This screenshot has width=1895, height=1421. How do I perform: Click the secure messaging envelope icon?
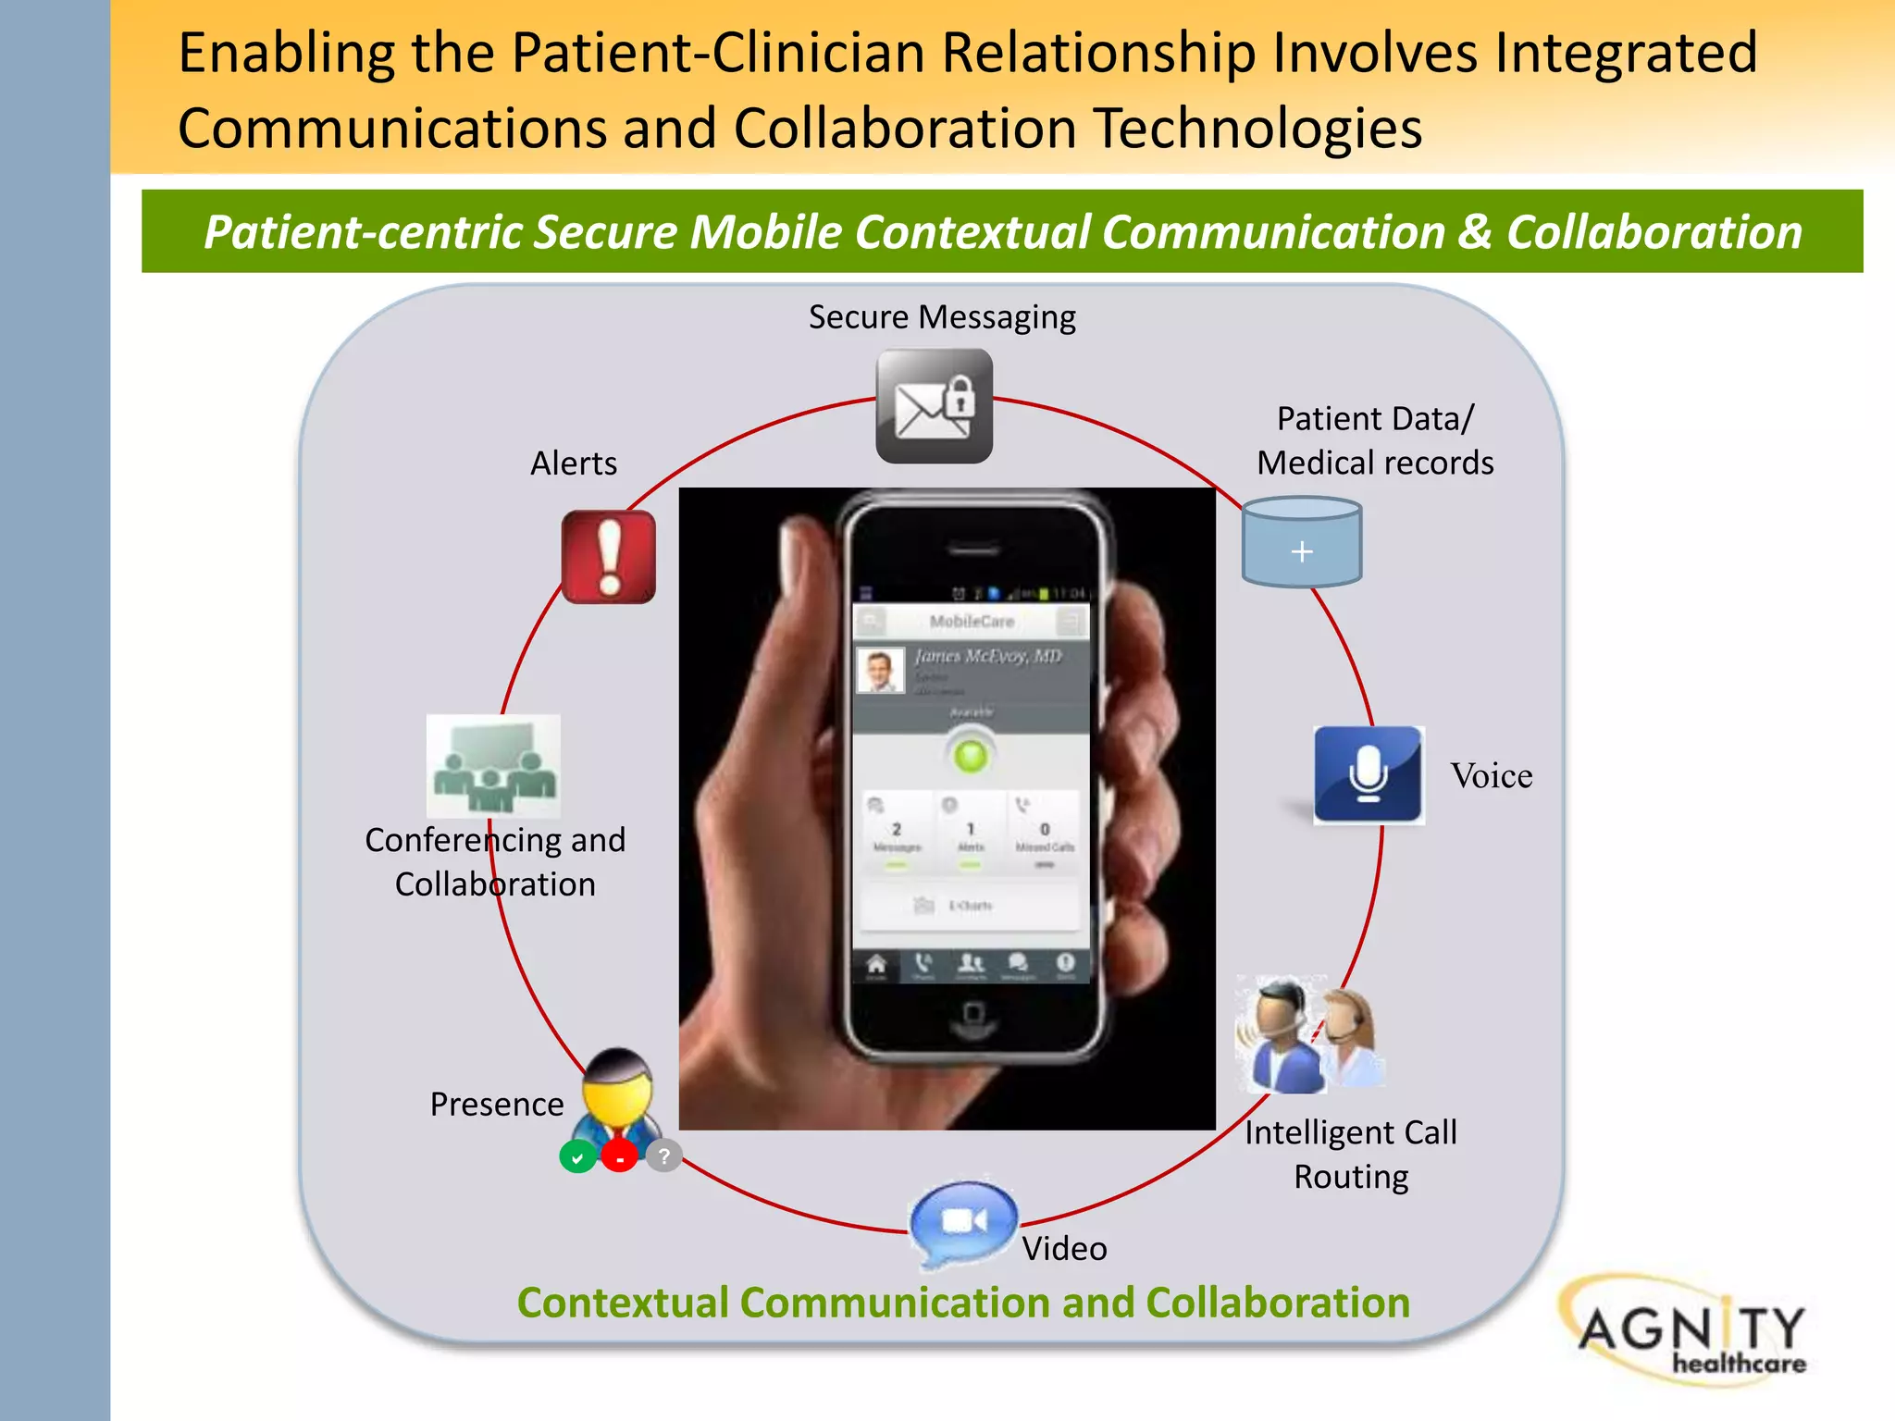tap(934, 406)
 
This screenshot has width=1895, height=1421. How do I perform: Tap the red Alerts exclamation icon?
tap(609, 557)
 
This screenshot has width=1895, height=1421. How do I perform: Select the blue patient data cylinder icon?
tap(1301, 543)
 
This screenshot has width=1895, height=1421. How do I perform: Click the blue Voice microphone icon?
tap(1368, 774)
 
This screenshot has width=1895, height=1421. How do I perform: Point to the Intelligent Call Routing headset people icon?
tap(1310, 1034)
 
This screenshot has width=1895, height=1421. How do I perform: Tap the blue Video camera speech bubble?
tap(964, 1222)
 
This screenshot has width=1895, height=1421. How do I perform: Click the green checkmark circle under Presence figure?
tap(577, 1157)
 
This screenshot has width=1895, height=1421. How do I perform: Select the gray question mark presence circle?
tap(663, 1155)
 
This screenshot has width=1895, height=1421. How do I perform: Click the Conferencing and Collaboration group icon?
tap(493, 766)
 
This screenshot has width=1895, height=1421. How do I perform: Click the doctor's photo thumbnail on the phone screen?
tap(880, 670)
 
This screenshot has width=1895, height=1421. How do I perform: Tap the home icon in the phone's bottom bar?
tap(875, 966)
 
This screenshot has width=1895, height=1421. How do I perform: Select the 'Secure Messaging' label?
tap(942, 317)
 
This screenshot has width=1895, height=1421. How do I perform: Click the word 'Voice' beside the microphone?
tap(1491, 776)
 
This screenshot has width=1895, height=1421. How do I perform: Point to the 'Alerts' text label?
tap(574, 463)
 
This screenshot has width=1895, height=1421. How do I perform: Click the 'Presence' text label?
tap(497, 1105)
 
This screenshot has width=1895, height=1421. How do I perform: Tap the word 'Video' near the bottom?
tap(1064, 1249)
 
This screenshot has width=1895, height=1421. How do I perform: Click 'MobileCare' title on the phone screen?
tap(972, 621)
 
